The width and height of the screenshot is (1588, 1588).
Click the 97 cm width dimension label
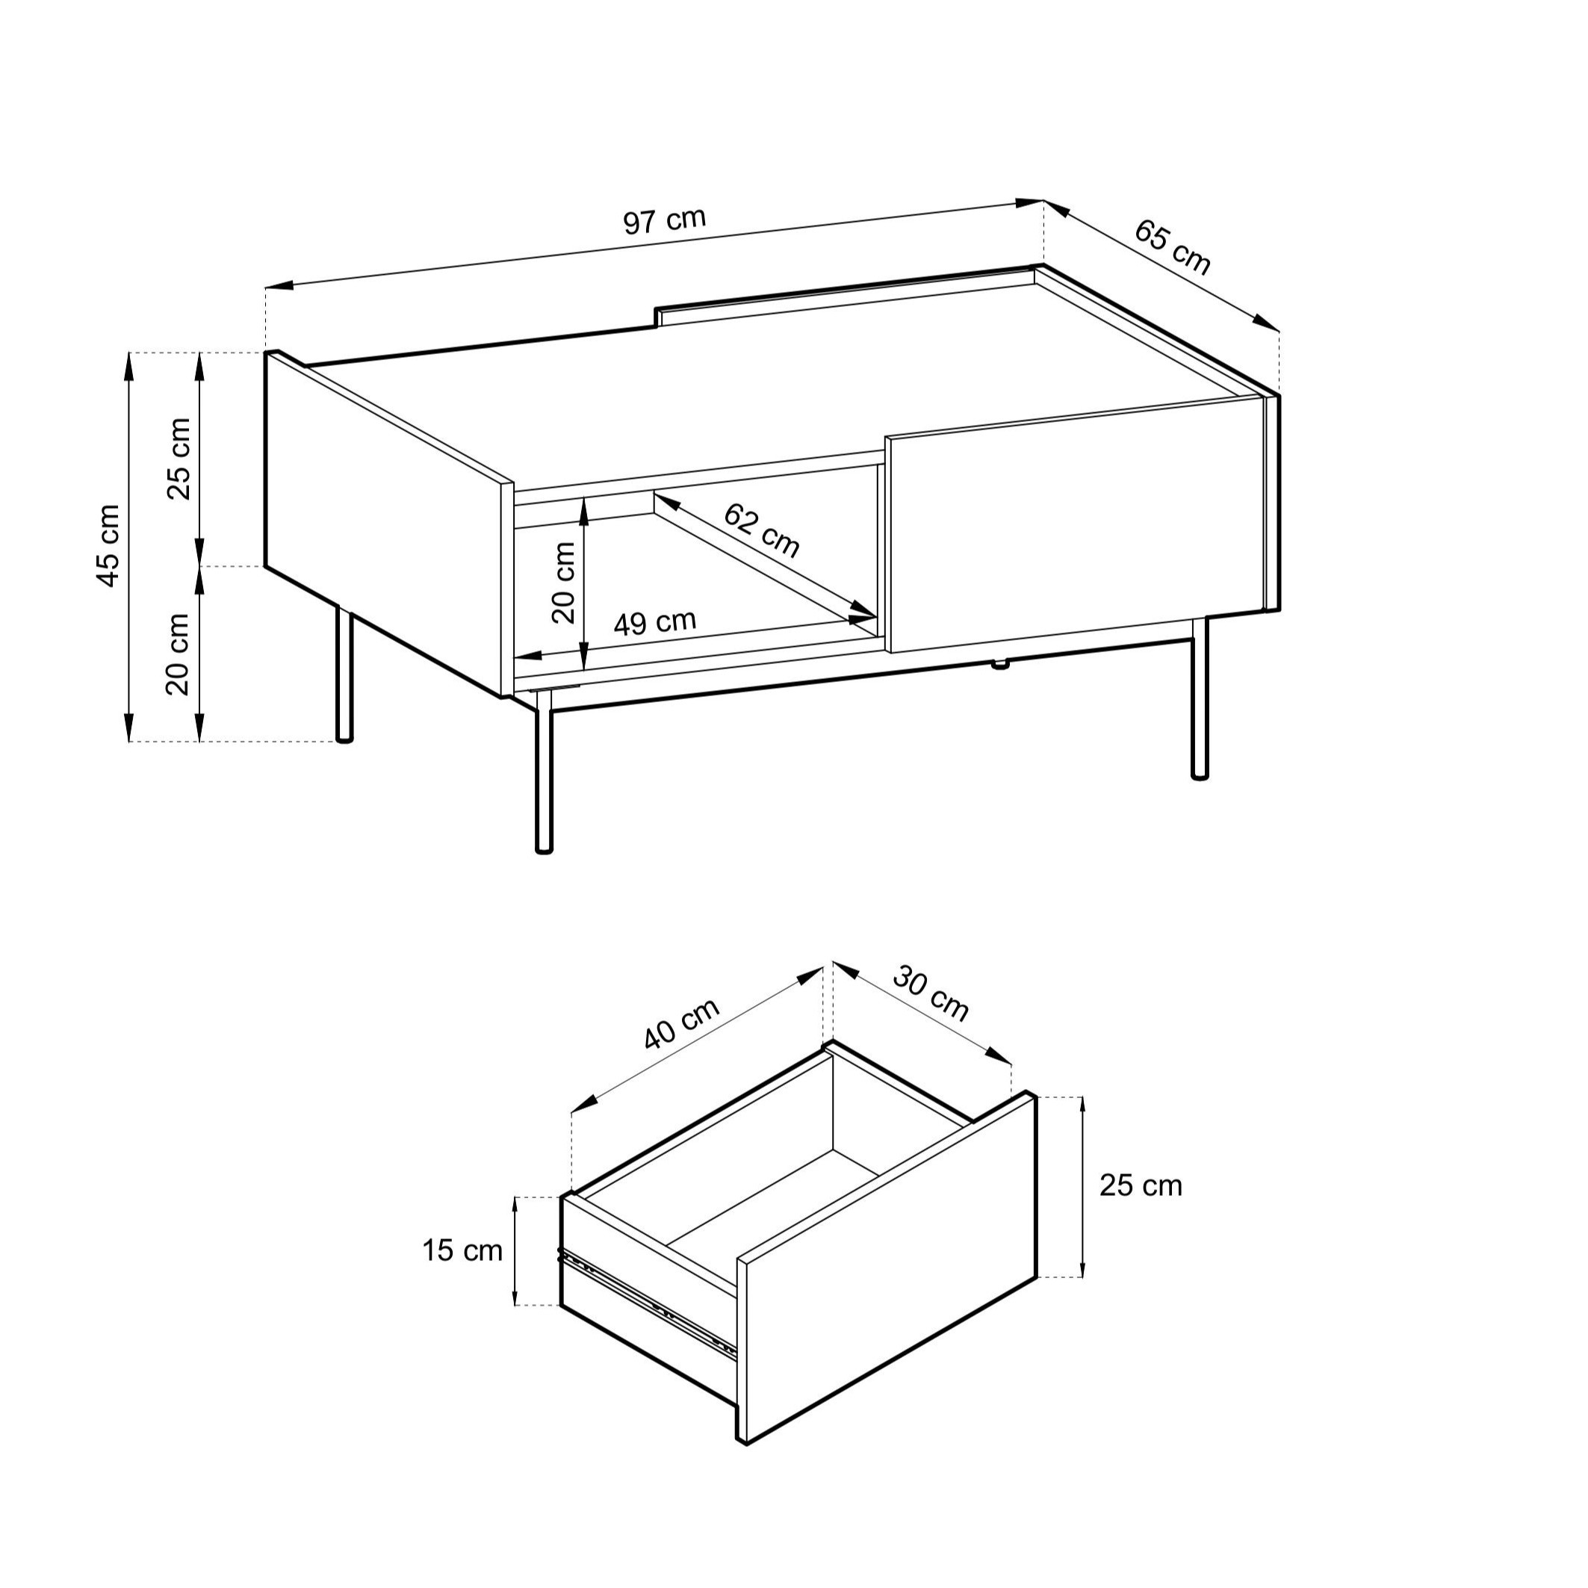664,220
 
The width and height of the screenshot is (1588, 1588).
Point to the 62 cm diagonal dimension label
762,530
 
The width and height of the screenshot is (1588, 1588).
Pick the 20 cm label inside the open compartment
564,583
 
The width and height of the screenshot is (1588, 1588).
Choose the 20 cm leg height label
178,654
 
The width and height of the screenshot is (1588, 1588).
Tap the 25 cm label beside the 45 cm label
179,459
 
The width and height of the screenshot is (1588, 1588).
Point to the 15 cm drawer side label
462,1250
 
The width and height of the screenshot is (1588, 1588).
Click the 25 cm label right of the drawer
1141,1185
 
